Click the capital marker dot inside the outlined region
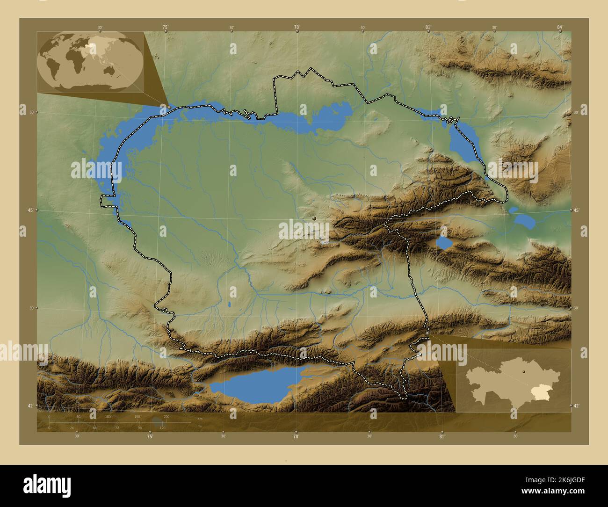314,218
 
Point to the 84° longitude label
560,28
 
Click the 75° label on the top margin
165,28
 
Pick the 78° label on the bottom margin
296,436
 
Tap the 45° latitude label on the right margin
576,210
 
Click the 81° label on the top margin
428,28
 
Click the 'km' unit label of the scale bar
200,418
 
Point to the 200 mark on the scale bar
166,416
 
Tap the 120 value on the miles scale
162,427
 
